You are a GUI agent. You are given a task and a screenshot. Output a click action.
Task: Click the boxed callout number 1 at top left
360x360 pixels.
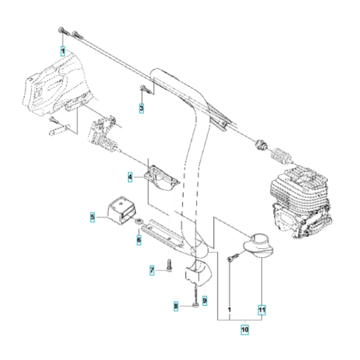tap(62, 50)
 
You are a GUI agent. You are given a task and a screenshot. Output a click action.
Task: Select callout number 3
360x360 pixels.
tap(141, 109)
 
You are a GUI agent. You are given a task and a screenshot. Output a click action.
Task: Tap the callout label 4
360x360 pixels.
tap(130, 175)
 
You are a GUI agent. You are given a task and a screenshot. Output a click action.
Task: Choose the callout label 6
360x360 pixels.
tap(138, 239)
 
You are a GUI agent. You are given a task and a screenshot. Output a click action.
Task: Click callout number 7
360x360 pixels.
tap(153, 270)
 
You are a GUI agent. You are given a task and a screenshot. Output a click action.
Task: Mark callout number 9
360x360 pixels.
tap(204, 300)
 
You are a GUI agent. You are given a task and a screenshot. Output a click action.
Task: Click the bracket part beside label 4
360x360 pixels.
tap(157, 177)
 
